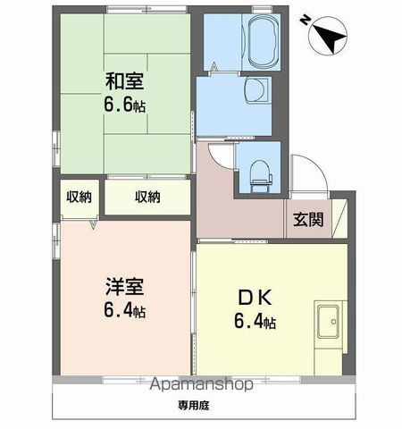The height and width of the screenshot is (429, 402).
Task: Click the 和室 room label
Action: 125,81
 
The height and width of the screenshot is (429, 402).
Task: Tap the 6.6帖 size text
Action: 125,105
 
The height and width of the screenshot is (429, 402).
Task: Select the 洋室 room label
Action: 125,287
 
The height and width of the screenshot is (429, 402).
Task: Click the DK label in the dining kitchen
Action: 255,298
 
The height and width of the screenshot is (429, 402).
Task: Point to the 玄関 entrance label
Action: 308,220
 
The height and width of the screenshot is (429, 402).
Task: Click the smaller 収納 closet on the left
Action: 79,197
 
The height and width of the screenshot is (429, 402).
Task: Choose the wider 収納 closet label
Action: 147,197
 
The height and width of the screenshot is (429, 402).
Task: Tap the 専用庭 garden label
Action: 194,405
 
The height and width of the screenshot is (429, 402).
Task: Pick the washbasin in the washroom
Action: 256,89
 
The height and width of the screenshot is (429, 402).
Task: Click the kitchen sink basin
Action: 328,322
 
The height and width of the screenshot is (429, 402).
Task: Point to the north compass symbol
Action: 328,36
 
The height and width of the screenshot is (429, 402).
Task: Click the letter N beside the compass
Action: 305,21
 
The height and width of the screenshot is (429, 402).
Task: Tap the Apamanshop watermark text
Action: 202,384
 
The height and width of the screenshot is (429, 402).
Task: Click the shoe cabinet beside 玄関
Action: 339,218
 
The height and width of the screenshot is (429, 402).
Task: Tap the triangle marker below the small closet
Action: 93,224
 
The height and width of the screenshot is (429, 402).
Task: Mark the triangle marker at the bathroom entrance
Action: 214,67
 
